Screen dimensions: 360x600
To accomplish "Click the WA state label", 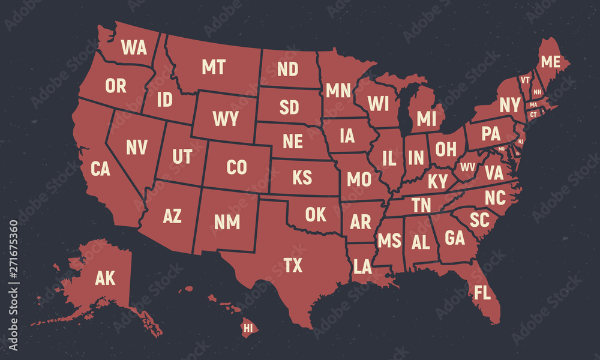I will coord(134,47).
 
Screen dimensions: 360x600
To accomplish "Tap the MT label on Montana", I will coord(213,67).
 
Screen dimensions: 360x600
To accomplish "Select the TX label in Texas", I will coord(293,265).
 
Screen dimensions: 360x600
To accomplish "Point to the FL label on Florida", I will coord(482,293).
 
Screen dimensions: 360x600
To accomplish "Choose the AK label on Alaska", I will coord(105,278).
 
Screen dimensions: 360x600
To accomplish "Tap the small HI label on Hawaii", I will coord(247,328).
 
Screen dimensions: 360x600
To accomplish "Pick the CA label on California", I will coord(100,169).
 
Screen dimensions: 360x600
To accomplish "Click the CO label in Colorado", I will coord(236,167).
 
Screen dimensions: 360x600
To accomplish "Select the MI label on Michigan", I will coord(426,119).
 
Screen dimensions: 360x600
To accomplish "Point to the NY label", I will coord(509,105).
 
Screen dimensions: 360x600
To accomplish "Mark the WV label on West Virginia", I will coord(467,166).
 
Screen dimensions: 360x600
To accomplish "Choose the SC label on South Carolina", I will coord(479,220).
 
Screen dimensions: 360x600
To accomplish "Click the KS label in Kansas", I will coord(302,178).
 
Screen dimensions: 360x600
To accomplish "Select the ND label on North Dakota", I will coord(287,70).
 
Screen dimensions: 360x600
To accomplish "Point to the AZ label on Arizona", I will coord(172,216).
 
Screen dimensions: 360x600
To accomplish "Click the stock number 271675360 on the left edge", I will coord(14,259).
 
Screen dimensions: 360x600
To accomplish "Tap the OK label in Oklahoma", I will coord(315,214).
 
